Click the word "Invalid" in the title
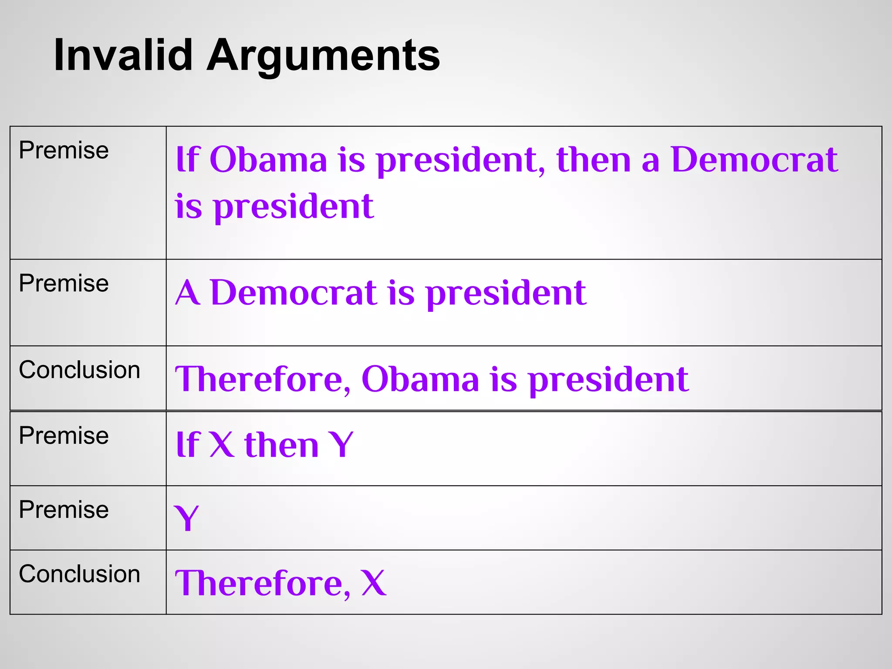tap(123, 55)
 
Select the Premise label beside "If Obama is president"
tap(64, 151)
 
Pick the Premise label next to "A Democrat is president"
tap(64, 284)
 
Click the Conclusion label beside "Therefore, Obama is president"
tap(79, 370)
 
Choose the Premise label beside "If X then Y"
tap(64, 436)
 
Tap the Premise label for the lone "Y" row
tap(64, 510)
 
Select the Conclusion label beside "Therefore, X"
tap(79, 574)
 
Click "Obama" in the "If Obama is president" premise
tap(268, 160)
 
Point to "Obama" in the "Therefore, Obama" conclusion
tap(420, 379)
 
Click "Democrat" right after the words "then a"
tap(754, 160)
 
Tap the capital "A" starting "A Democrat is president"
tap(188, 293)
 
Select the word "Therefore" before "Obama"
tap(263, 379)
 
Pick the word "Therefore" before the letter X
tap(263, 583)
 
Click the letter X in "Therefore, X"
tap(373, 583)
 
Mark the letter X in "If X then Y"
tap(221, 445)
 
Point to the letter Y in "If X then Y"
tap(341, 445)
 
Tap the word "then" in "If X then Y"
tap(281, 445)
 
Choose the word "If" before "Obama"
tap(187, 160)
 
